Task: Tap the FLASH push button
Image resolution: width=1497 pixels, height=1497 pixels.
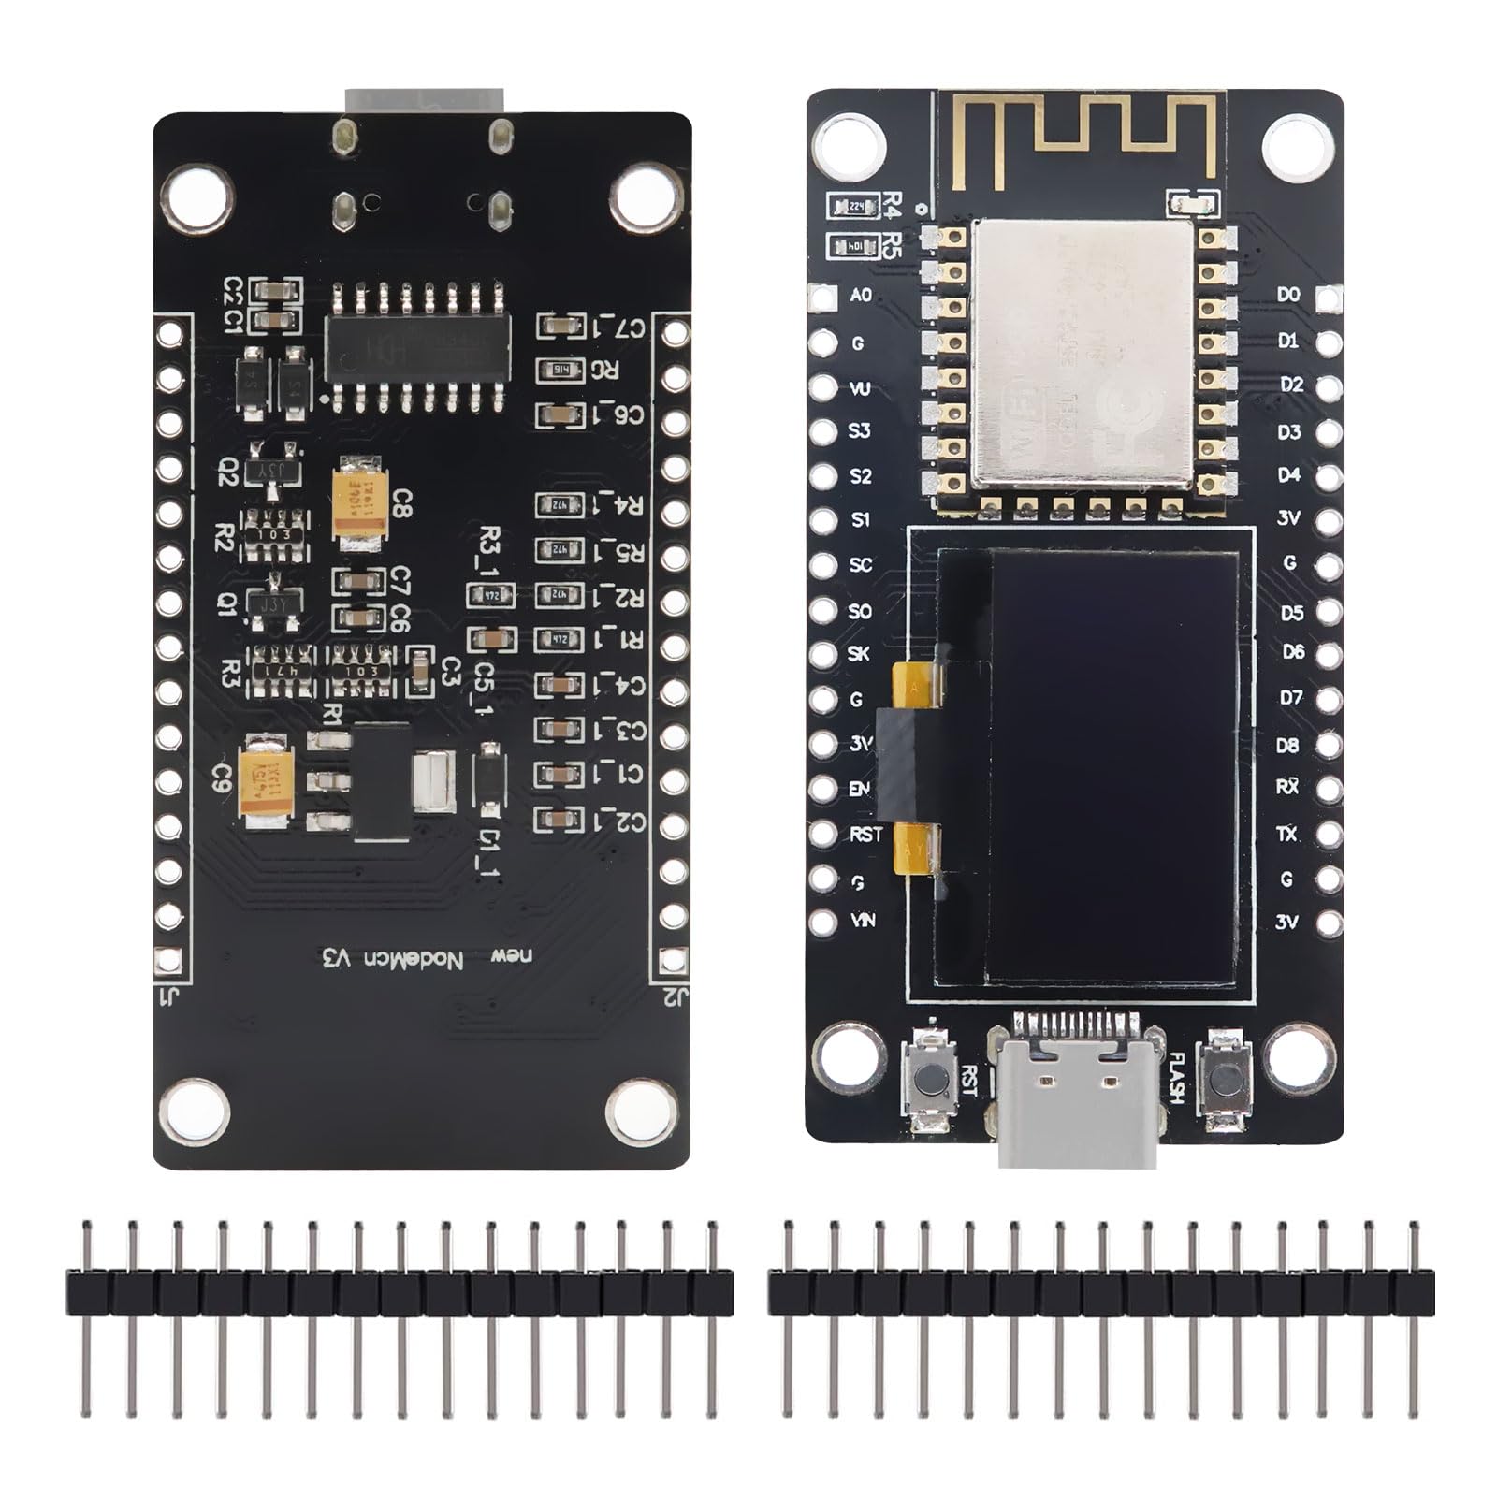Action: tap(1223, 1079)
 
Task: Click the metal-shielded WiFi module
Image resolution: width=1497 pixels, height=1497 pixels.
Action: tap(1082, 354)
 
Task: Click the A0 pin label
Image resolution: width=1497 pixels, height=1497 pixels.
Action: tap(861, 295)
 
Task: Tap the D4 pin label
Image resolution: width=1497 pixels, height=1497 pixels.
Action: tap(1289, 475)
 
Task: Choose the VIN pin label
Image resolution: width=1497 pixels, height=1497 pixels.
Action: tap(863, 921)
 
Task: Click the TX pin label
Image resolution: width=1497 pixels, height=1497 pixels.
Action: tap(1287, 833)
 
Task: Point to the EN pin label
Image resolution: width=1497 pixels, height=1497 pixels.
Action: tap(860, 788)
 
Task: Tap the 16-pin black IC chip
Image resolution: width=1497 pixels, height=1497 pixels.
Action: tap(417, 347)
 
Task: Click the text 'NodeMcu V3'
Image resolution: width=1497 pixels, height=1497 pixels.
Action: tap(393, 958)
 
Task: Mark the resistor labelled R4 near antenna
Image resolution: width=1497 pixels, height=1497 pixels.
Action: tap(853, 206)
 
